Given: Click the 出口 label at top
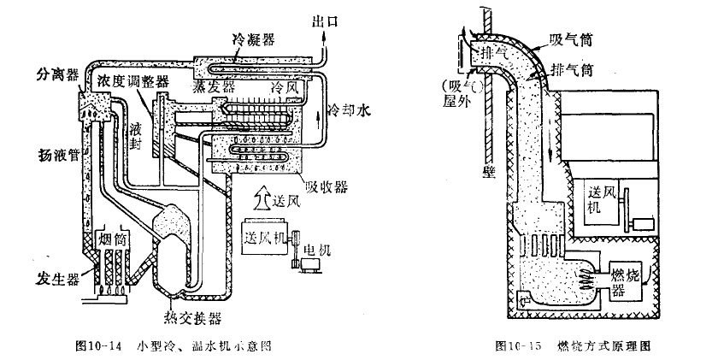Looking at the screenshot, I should [327, 19].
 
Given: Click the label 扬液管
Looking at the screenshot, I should [53, 156].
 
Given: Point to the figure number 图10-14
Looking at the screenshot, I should [95, 346].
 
